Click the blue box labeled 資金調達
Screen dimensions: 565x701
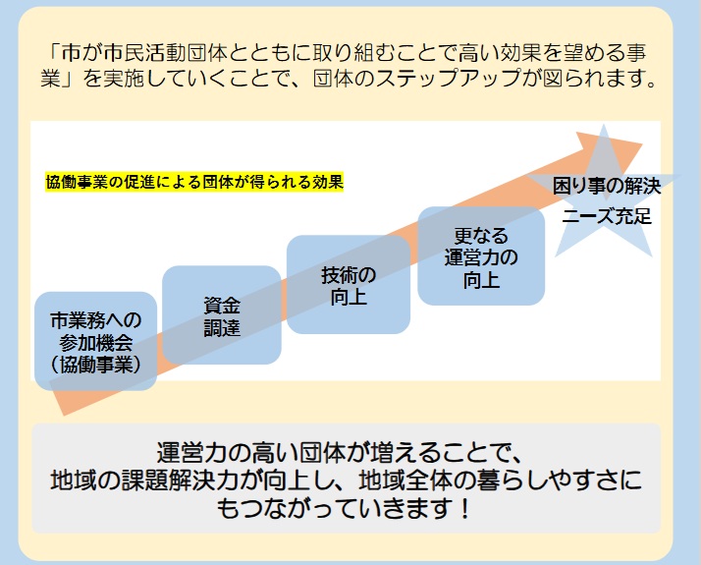click(x=221, y=314)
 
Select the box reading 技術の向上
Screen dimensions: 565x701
click(x=348, y=285)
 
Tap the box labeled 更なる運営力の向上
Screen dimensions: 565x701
click(x=481, y=256)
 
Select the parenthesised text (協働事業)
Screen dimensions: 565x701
click(x=95, y=363)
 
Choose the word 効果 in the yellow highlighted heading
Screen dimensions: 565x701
click(x=328, y=183)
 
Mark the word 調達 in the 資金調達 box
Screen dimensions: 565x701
click(x=221, y=327)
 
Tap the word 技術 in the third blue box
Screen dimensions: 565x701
click(x=337, y=274)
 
